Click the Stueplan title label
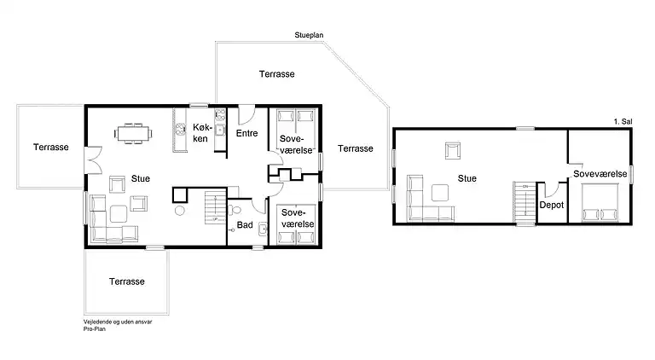309,36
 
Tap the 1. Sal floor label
623,121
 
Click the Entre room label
246,133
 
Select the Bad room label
245,225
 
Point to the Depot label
552,205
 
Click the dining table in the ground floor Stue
133,134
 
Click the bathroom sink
263,229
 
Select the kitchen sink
220,131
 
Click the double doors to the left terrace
95,160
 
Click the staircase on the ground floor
216,207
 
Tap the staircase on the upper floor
525,202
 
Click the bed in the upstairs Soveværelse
600,202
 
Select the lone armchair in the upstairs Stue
453,151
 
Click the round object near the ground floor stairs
180,211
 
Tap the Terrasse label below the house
127,282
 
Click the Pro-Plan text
95,329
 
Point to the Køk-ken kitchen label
202,133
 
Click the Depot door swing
553,190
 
